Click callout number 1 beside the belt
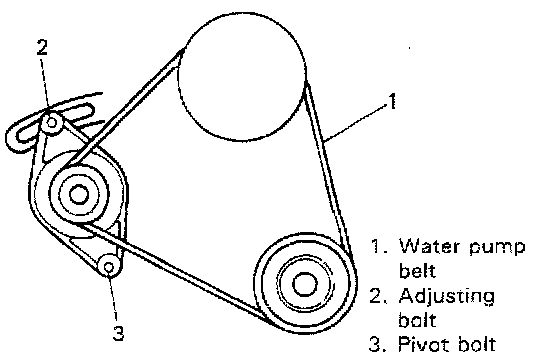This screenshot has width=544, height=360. click(x=392, y=102)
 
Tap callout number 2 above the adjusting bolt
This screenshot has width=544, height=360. click(x=42, y=47)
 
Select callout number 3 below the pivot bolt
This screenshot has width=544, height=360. click(x=118, y=333)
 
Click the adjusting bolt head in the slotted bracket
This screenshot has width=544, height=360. click(x=52, y=122)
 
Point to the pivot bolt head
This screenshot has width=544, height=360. click(x=109, y=267)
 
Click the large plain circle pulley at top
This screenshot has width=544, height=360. click(x=242, y=77)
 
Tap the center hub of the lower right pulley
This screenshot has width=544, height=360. click(x=305, y=284)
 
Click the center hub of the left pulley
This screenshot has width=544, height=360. click(x=79, y=194)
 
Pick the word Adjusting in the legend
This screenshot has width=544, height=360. click(x=447, y=298)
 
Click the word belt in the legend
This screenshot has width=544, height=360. click(x=417, y=270)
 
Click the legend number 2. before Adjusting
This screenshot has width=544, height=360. click(x=378, y=296)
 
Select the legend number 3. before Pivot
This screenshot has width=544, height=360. click(x=378, y=344)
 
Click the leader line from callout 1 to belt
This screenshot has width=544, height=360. click(x=355, y=122)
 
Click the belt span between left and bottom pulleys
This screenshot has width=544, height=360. click(x=172, y=272)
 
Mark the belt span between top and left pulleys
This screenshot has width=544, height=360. click(x=122, y=109)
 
